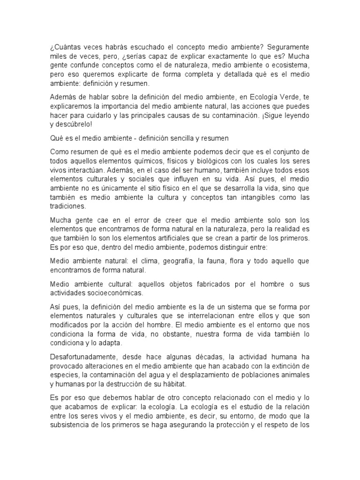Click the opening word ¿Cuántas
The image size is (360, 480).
[64, 48]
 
